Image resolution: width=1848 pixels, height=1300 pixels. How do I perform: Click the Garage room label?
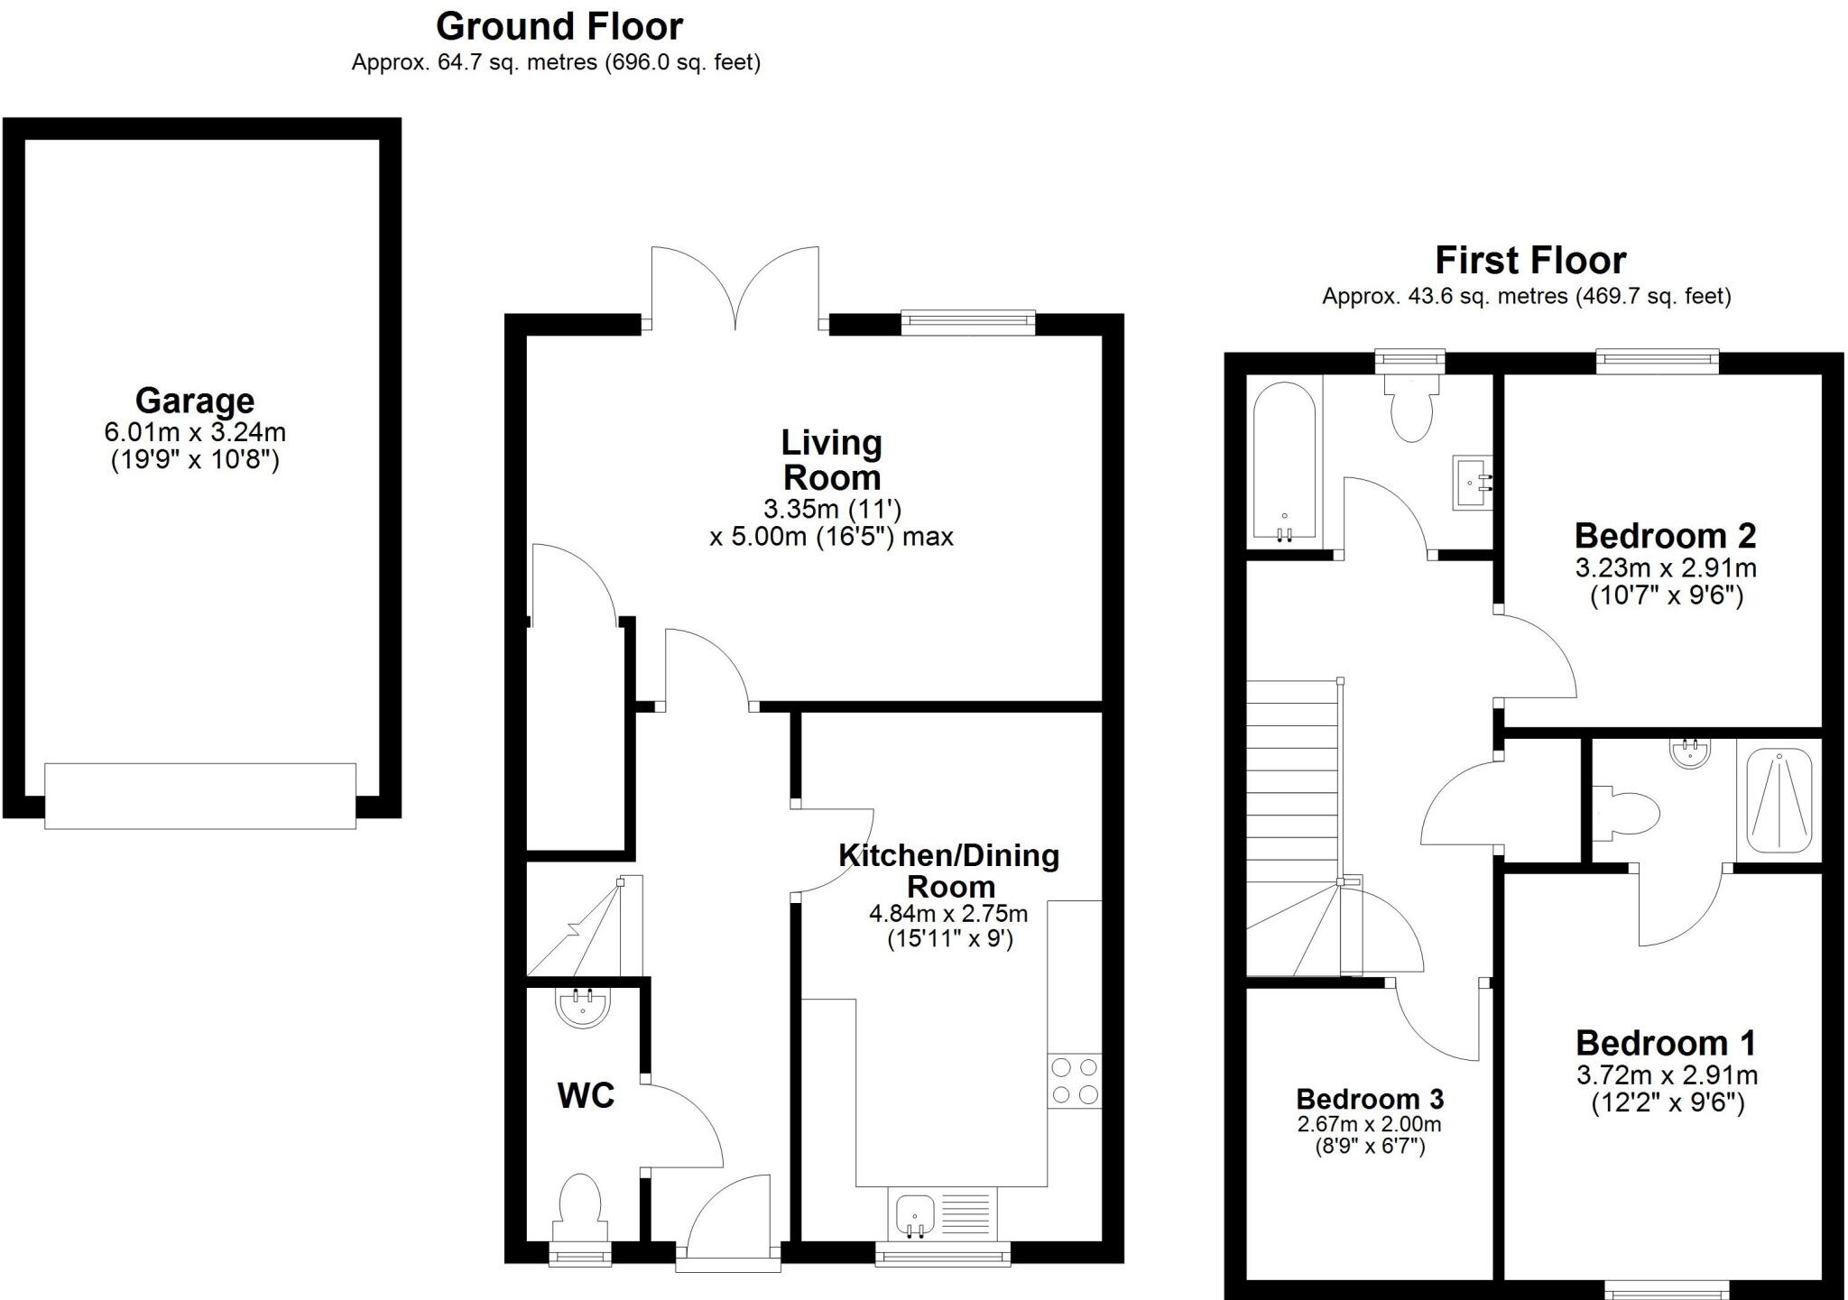click(x=195, y=401)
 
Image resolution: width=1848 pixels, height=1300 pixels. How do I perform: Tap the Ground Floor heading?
click(x=559, y=27)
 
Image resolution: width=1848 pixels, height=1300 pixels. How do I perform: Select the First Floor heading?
click(x=1530, y=261)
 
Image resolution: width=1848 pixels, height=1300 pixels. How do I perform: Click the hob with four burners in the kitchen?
click(x=1075, y=1081)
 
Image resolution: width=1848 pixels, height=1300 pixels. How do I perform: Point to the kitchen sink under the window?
click(x=915, y=1213)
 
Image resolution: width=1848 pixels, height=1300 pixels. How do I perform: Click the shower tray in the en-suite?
click(x=1779, y=799)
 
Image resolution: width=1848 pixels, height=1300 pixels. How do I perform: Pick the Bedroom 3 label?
click(x=1370, y=1099)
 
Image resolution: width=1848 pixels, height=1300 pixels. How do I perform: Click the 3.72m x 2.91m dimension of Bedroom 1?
click(x=1667, y=1075)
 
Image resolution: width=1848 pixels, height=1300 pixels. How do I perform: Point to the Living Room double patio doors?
click(x=735, y=289)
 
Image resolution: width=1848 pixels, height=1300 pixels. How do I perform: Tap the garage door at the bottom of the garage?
click(x=200, y=796)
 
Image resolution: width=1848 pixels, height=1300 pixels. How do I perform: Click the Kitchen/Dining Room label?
click(x=949, y=871)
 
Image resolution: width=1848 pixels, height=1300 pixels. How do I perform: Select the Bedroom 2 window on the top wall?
click(x=1657, y=362)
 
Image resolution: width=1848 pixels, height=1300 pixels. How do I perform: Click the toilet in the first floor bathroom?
click(x=1412, y=410)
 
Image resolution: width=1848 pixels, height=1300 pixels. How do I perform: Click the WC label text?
click(x=586, y=1095)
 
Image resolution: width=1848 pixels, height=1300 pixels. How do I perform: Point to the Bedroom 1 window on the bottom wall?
click(x=1667, y=1290)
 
